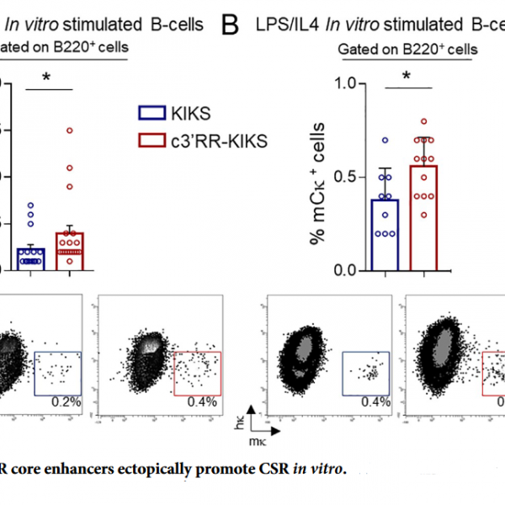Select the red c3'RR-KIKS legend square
click(x=151, y=141)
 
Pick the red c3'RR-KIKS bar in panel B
click(x=423, y=218)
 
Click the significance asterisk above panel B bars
click(x=406, y=77)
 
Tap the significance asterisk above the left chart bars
click(x=47, y=77)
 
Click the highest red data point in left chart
click(x=70, y=130)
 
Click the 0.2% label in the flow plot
click(x=66, y=401)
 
